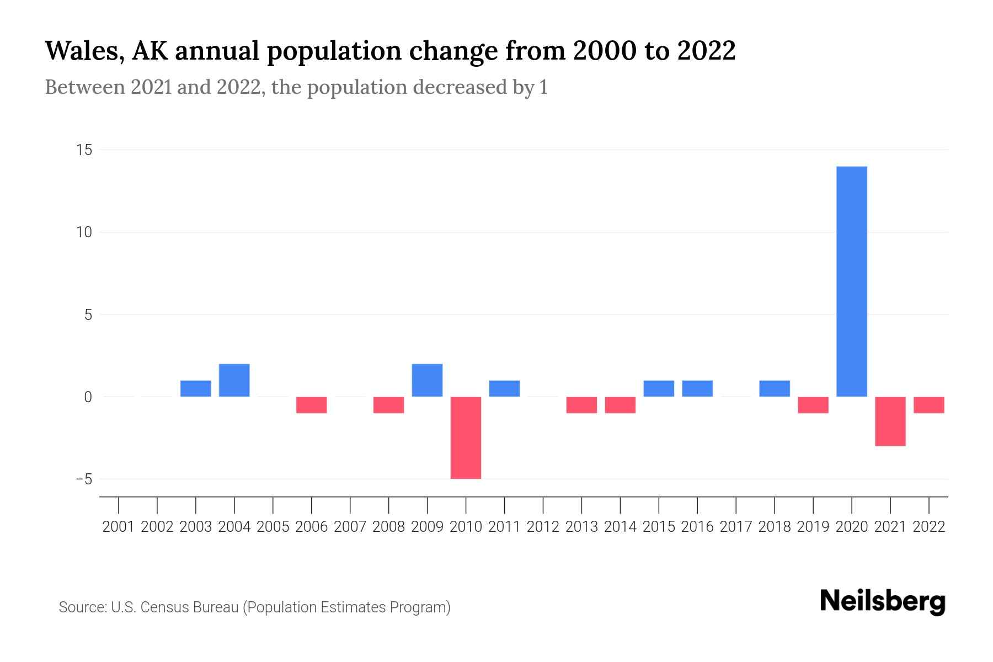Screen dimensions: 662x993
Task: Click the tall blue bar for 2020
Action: coord(851,281)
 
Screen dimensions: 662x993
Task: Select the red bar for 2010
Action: coord(466,437)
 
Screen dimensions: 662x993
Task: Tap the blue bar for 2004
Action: coord(234,380)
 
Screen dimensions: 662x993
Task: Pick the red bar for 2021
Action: coord(890,421)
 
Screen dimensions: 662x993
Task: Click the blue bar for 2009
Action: coord(427,380)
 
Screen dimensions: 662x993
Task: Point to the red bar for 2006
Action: coord(311,405)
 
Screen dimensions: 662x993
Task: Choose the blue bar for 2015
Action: coord(659,388)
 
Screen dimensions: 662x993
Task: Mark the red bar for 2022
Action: coord(928,405)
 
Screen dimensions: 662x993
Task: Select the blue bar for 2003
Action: coord(195,388)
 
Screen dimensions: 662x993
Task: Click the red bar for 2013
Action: coord(581,405)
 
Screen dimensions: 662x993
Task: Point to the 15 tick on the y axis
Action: coord(84,150)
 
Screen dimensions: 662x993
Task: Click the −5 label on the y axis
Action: coord(84,479)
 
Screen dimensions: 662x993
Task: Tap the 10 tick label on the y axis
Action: coord(84,232)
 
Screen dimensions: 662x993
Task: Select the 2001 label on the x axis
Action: coord(119,527)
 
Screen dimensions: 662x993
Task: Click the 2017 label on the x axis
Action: coord(736,527)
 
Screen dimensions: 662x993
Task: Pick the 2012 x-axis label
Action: coord(543,527)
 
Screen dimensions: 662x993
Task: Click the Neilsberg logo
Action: coord(883,602)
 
